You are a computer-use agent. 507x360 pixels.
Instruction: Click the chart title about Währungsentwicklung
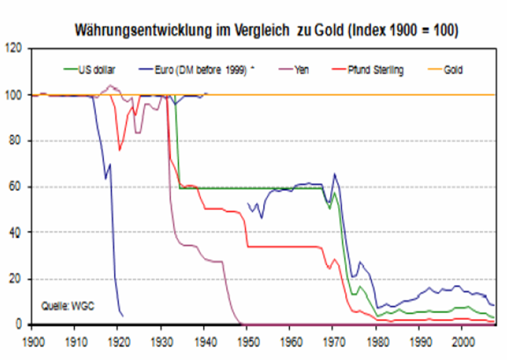tap(266, 30)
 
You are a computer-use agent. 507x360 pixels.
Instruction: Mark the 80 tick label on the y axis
tap(16, 141)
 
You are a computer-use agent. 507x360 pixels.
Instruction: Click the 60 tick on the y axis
tap(16, 187)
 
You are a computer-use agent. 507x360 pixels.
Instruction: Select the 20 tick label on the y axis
tap(16, 279)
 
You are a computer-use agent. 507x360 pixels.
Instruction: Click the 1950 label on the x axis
tap(246, 342)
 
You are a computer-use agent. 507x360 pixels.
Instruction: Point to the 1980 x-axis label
tap(376, 342)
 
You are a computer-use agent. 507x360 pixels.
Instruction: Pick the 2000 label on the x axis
tap(461, 342)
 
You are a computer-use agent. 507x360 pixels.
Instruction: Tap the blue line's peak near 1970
tap(335, 174)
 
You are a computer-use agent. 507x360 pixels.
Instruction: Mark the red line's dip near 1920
tap(119, 150)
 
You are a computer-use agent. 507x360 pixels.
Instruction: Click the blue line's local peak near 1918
tap(110, 165)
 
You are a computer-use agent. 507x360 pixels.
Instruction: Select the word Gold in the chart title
tap(330, 30)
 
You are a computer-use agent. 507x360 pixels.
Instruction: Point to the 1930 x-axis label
tap(161, 342)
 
